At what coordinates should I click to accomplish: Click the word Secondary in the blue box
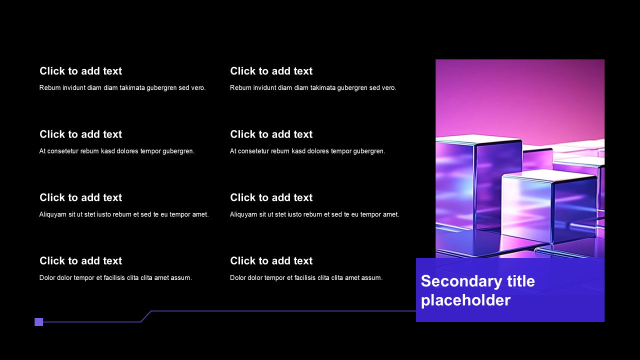point(461,281)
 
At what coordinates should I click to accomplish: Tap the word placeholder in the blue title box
point(465,301)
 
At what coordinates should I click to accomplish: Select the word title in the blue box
point(521,281)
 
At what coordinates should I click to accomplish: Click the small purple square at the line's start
point(39,322)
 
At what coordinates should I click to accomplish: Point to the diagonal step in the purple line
point(146,316)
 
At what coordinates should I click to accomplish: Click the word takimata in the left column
point(132,87)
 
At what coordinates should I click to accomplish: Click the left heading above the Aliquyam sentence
point(81,197)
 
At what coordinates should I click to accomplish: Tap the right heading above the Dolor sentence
point(271,260)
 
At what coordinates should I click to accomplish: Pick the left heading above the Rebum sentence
point(81,71)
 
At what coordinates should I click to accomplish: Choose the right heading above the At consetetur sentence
point(271,134)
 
